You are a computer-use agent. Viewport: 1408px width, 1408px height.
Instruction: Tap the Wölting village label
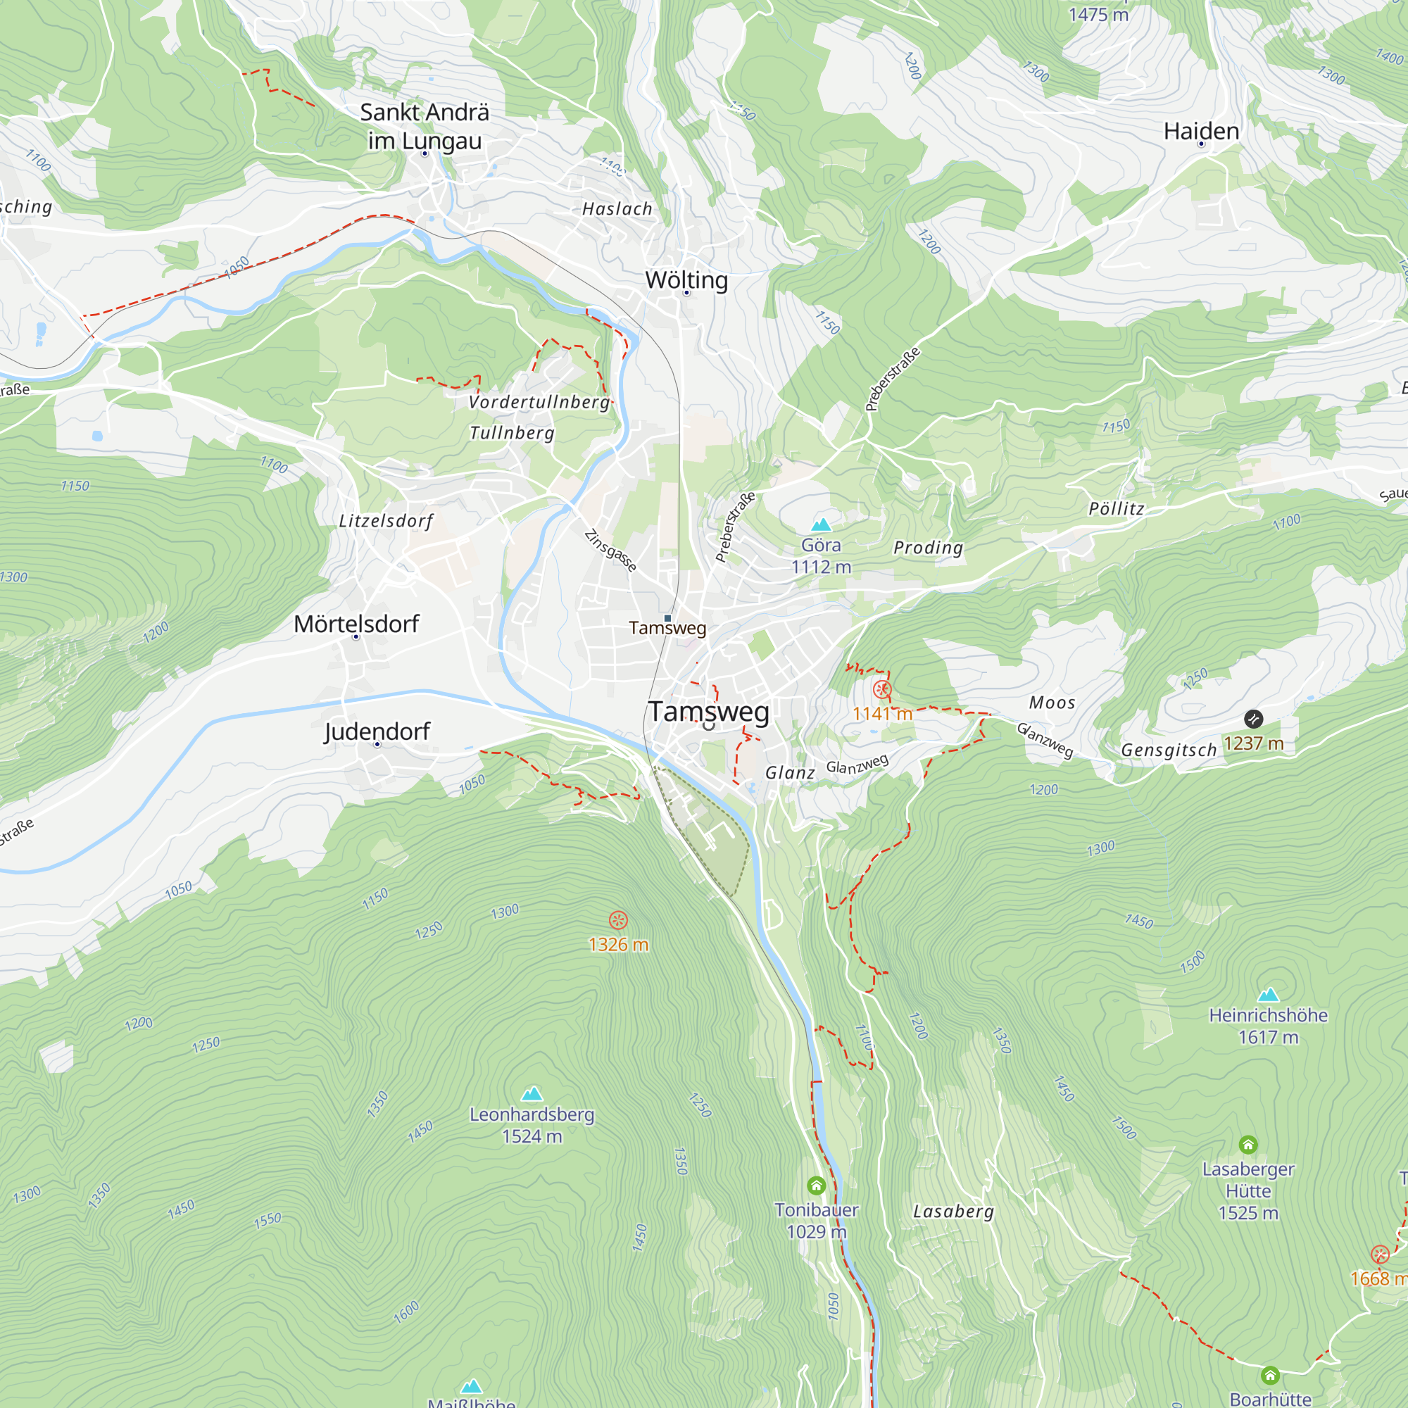(686, 280)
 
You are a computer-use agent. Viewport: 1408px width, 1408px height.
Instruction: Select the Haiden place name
(1201, 131)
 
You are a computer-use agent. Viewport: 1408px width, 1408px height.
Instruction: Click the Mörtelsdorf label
(356, 624)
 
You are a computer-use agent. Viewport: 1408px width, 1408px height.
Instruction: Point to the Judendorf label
(377, 731)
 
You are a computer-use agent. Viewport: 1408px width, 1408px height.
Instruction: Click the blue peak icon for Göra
(822, 524)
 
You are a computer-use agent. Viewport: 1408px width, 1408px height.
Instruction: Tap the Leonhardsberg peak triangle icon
(532, 1093)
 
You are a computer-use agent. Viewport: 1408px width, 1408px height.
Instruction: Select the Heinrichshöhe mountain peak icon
(1268, 994)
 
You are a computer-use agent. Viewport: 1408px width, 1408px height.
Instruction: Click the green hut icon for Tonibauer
(816, 1186)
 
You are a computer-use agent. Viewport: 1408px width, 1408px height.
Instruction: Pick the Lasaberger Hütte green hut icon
(1247, 1145)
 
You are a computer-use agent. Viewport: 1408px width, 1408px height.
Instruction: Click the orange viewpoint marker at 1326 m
(618, 919)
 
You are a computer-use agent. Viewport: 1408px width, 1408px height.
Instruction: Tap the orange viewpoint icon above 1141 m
(882, 689)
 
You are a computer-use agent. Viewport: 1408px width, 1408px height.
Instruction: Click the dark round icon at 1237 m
(1254, 719)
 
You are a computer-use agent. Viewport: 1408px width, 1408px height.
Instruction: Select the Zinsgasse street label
(610, 551)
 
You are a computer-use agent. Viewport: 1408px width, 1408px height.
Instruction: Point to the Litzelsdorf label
(386, 520)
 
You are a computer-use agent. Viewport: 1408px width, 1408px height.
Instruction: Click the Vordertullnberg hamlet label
(539, 401)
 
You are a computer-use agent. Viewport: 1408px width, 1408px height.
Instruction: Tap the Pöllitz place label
(1117, 509)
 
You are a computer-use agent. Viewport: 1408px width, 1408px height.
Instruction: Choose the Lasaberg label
(953, 1211)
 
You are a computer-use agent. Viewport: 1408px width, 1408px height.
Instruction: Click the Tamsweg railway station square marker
(667, 618)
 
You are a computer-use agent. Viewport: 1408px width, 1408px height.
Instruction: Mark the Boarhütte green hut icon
(1270, 1375)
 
